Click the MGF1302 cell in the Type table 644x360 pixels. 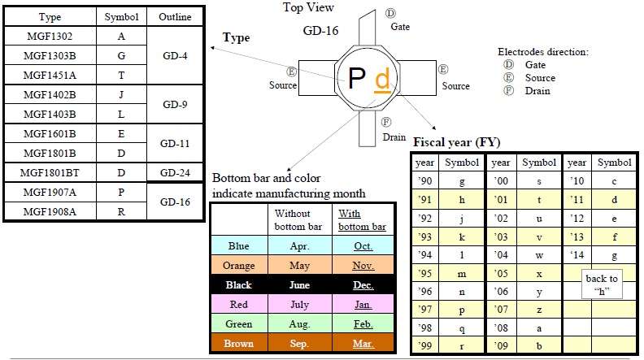[x=50, y=36]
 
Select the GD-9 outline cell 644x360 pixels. [x=175, y=104]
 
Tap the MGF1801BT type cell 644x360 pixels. [x=50, y=172]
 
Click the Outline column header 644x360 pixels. [x=175, y=16]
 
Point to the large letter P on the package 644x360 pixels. [x=356, y=78]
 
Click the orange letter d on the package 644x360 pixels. [x=381, y=79]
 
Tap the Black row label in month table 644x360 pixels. [x=239, y=285]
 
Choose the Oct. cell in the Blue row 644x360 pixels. [x=363, y=246]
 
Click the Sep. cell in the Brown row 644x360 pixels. [x=300, y=344]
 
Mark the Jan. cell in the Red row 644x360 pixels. [x=363, y=305]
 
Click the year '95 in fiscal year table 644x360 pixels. [x=424, y=273]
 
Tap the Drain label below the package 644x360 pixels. [x=394, y=137]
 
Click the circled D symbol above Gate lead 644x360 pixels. [x=390, y=14]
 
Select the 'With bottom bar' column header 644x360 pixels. [x=363, y=219]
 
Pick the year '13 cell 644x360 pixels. [x=577, y=238]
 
